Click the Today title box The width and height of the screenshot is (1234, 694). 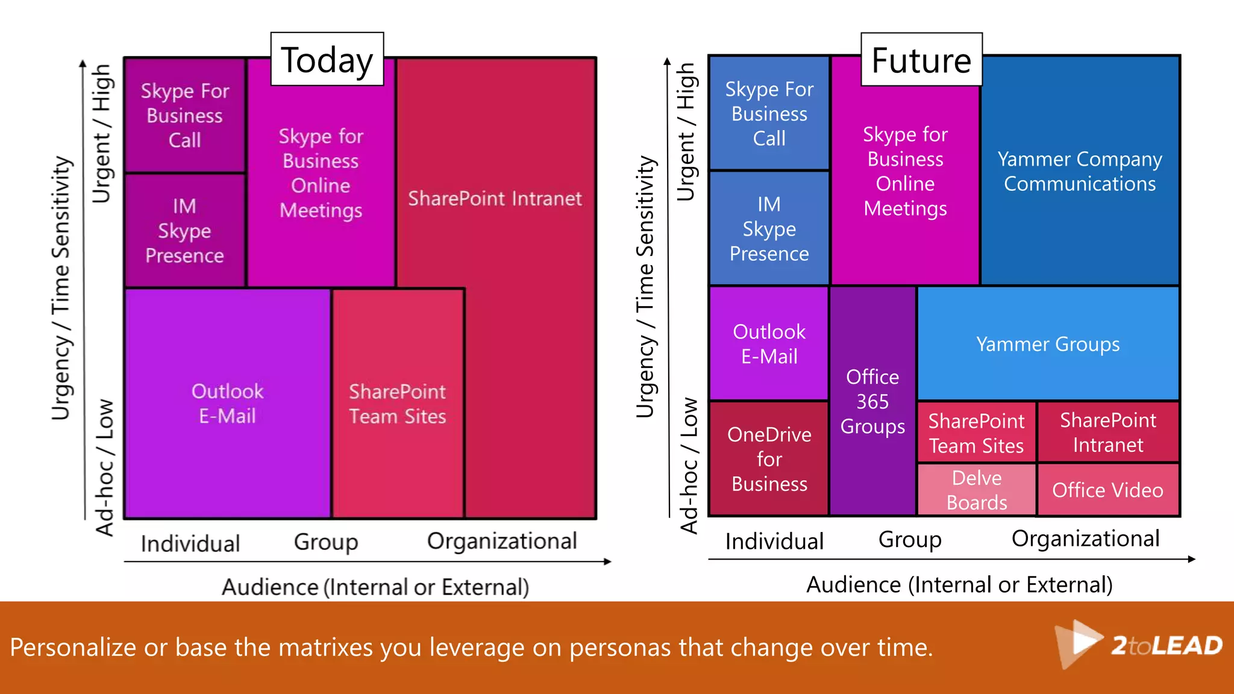(327, 60)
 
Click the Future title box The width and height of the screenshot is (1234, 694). (921, 60)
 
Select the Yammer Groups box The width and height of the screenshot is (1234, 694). (1048, 344)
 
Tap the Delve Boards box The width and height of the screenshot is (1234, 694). (976, 490)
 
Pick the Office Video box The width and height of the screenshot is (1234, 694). (1107, 490)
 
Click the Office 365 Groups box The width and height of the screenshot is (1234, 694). (872, 401)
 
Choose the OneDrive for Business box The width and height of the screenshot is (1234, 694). (769, 458)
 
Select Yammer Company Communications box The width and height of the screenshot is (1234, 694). (1079, 171)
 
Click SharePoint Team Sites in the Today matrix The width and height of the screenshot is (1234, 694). (398, 404)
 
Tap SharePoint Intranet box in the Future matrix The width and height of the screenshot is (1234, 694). (1107, 433)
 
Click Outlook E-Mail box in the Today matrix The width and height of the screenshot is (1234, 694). (227, 404)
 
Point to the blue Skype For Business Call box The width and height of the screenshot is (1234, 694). (769, 113)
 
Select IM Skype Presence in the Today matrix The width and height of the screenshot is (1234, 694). (184, 231)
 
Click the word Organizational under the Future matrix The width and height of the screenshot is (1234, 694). (1085, 539)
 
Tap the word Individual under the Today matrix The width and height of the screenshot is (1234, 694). (190, 543)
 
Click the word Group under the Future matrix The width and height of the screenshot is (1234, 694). (909, 540)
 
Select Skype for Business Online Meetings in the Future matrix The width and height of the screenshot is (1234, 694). (905, 171)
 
